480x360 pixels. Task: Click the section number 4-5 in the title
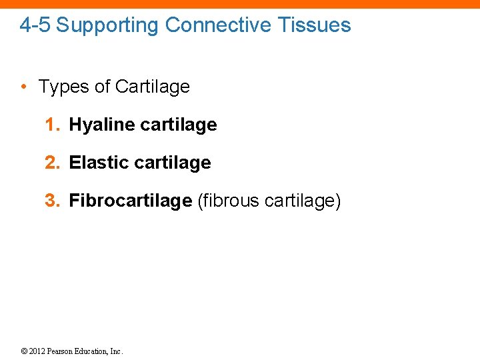(35, 25)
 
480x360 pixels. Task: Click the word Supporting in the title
(108, 25)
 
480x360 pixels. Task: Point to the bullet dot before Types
(24, 87)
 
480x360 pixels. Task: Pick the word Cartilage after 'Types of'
(152, 87)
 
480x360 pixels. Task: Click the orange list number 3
(51, 201)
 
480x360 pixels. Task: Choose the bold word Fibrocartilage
(131, 201)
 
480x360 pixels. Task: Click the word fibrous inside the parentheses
(230, 201)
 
